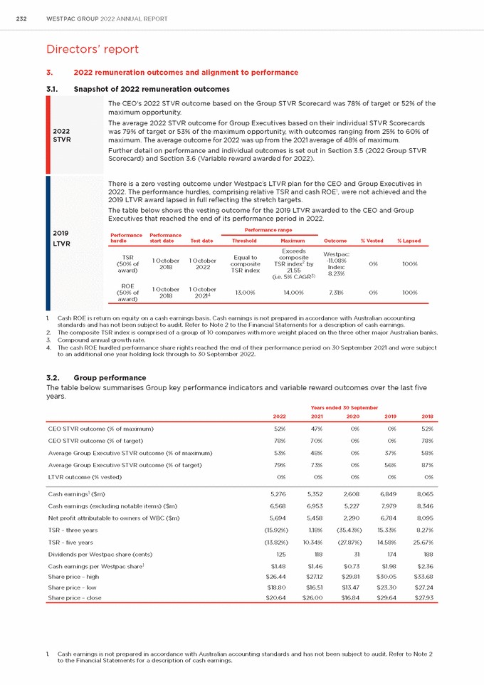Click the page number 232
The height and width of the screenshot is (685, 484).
(21, 19)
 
